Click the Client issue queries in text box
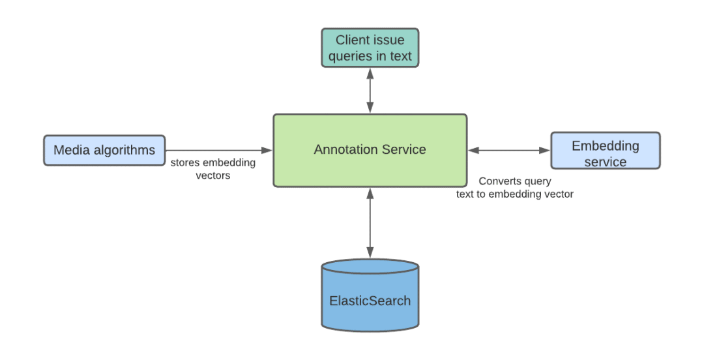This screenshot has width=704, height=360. (370, 48)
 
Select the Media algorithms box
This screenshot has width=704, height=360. (104, 150)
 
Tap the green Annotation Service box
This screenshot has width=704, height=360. (370, 150)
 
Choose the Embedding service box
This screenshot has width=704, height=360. (605, 151)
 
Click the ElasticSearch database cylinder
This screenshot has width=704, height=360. (370, 295)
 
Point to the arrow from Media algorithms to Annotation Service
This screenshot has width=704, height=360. (219, 151)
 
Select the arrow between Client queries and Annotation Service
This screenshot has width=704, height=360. (370, 91)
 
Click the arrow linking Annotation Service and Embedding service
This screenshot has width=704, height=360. (509, 151)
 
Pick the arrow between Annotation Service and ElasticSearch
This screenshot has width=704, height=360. (370, 223)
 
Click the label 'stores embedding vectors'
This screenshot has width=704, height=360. (213, 169)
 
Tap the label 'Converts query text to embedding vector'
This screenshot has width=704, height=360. (515, 187)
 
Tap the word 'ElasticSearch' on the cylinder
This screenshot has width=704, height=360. (370, 301)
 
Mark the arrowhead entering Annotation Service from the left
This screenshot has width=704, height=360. (268, 151)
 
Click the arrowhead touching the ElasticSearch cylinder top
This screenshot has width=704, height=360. (370, 254)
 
